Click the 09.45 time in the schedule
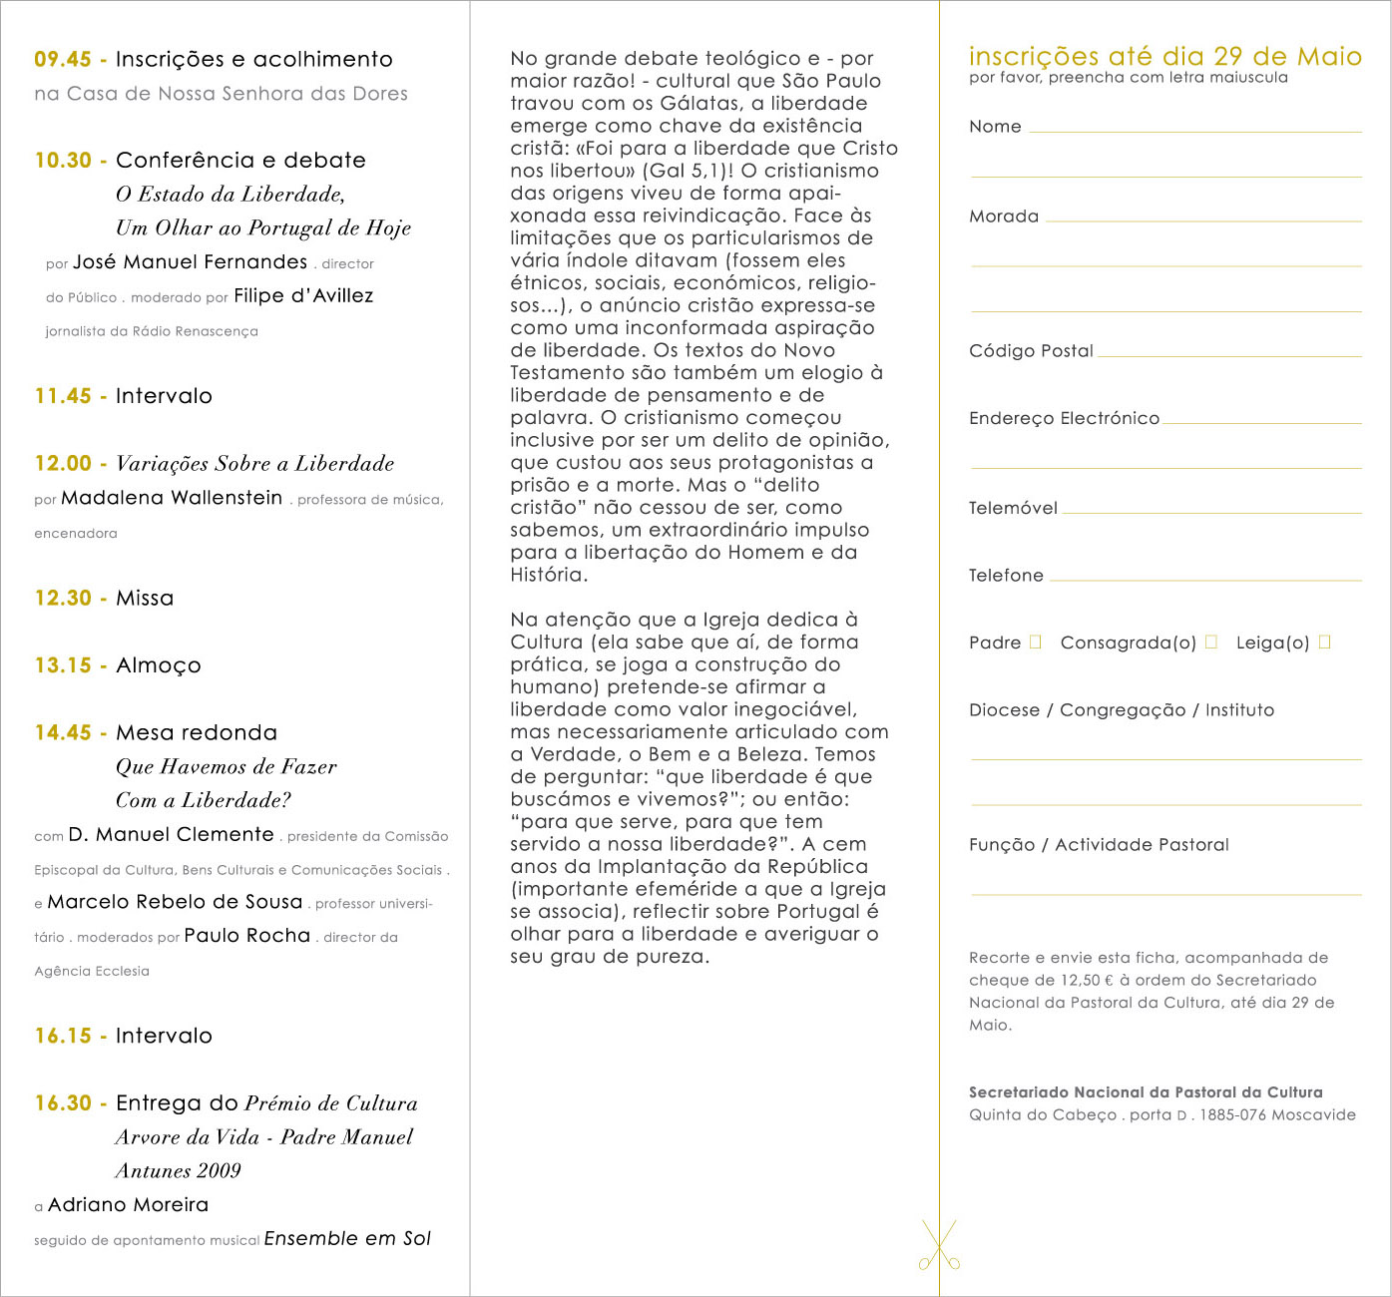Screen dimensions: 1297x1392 (x=63, y=60)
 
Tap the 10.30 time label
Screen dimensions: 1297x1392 (x=63, y=161)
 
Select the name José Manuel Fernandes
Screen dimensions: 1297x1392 (x=190, y=262)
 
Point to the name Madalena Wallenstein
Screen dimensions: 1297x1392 (x=172, y=498)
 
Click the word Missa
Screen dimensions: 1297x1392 (x=145, y=599)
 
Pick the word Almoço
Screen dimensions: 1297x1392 (x=159, y=665)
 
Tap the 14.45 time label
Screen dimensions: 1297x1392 (x=63, y=733)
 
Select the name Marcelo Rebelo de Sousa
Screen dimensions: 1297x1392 (x=175, y=902)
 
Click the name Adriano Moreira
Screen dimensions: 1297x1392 (x=129, y=1205)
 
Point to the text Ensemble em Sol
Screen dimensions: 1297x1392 (x=347, y=1239)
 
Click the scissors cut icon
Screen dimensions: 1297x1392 (x=939, y=1245)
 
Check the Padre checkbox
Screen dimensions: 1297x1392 (x=1036, y=643)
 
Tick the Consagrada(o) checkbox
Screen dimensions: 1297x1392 (x=1211, y=643)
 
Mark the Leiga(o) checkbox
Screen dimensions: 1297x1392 (x=1325, y=643)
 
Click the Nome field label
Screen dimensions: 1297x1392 (x=995, y=127)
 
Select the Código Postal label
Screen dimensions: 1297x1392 (x=1031, y=351)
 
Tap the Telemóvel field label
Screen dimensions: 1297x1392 (x=1013, y=508)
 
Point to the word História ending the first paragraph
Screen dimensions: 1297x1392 (x=547, y=575)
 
